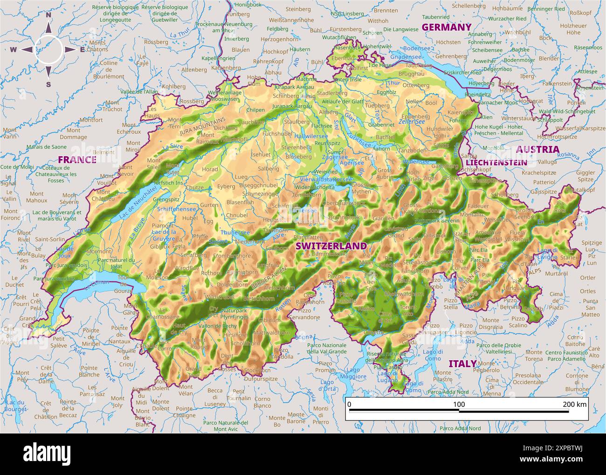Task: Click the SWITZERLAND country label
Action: click(x=331, y=246)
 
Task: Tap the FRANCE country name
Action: click(x=77, y=160)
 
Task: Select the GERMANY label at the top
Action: click(x=446, y=28)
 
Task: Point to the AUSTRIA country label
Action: click(x=537, y=149)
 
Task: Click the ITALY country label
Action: click(x=462, y=363)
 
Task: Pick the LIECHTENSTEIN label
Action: click(x=496, y=163)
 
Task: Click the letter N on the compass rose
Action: click(x=48, y=15)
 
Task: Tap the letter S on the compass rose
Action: click(x=48, y=84)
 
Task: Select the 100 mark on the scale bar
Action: click(x=459, y=404)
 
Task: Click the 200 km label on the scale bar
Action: click(x=575, y=404)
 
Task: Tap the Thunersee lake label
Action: click(x=235, y=232)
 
